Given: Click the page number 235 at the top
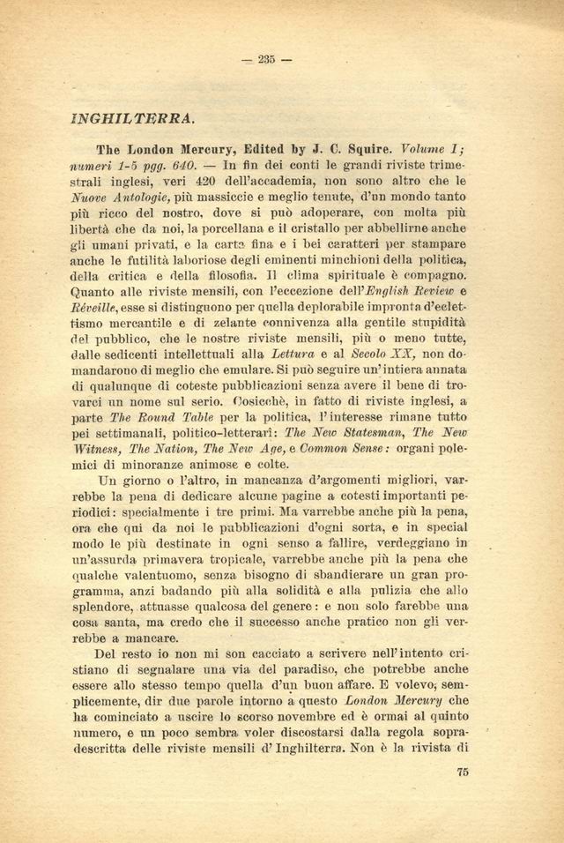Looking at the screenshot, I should click(x=267, y=59).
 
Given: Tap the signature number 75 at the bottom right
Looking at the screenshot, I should click(x=463, y=773).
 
